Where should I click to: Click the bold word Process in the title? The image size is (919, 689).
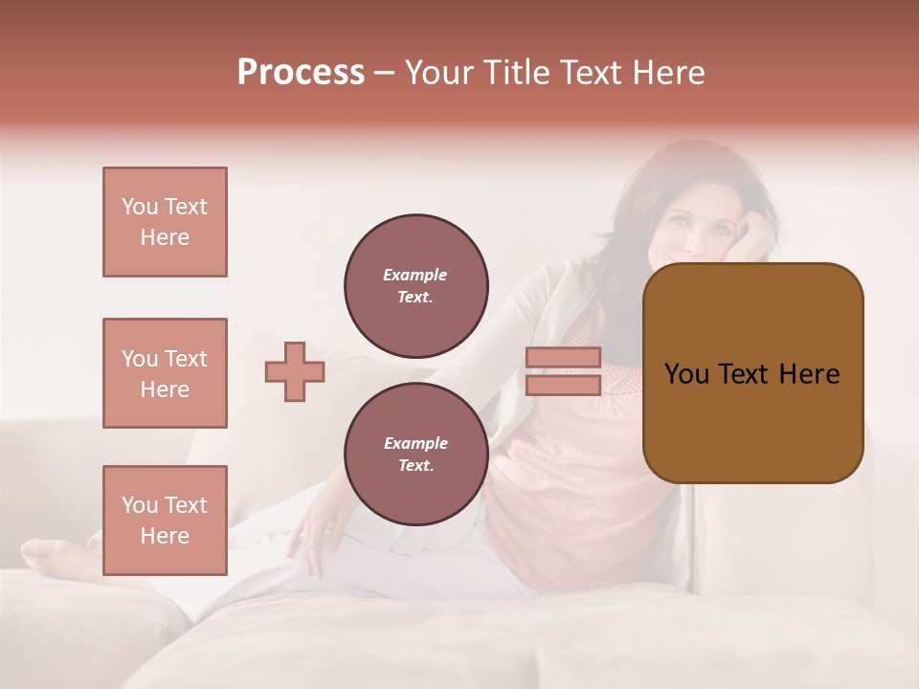(301, 73)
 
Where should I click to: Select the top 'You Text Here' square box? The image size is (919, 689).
(165, 222)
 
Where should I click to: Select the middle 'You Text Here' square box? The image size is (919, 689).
(165, 373)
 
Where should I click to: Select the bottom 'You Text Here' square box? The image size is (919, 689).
(165, 521)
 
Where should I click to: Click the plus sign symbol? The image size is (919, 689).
(295, 371)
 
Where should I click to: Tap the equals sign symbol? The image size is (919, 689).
(563, 371)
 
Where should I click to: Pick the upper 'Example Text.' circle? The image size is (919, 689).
(416, 285)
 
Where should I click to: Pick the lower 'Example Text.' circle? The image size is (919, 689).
(416, 454)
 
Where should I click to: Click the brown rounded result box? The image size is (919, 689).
(752, 373)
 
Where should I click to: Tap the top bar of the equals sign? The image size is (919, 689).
(563, 358)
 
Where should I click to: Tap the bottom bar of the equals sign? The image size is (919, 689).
(563, 385)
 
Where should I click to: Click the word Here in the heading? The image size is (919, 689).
(668, 73)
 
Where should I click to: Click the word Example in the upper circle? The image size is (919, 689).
(415, 275)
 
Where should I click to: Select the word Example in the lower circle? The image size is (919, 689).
(415, 443)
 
